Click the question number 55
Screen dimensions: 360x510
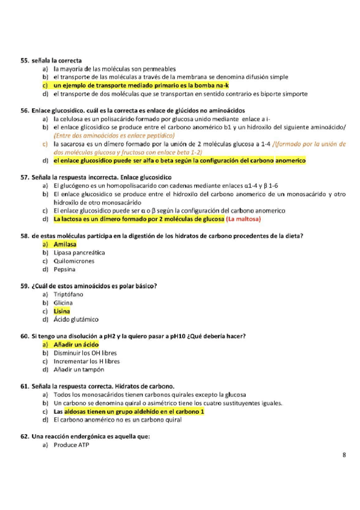click(x=25, y=61)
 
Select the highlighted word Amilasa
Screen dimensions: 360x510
click(x=65, y=245)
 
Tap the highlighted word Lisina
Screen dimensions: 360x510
click(x=61, y=311)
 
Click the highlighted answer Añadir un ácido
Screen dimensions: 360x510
click(x=76, y=345)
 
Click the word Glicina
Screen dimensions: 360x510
click(x=63, y=303)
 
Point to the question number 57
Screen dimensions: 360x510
click(x=25, y=178)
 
